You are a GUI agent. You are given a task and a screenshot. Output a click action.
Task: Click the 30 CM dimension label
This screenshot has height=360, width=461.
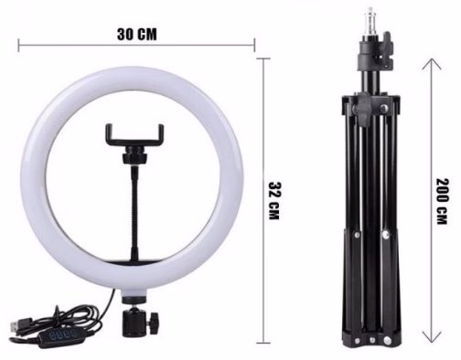(x=137, y=34)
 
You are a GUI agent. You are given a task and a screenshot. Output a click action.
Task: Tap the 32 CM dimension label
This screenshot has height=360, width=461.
(x=273, y=201)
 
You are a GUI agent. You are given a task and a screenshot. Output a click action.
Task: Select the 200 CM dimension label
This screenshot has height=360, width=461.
(x=443, y=201)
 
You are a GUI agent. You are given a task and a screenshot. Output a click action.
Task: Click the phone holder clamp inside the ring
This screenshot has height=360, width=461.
(x=134, y=135)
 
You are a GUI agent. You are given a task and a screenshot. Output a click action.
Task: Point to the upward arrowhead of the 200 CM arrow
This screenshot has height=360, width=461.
(x=432, y=64)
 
